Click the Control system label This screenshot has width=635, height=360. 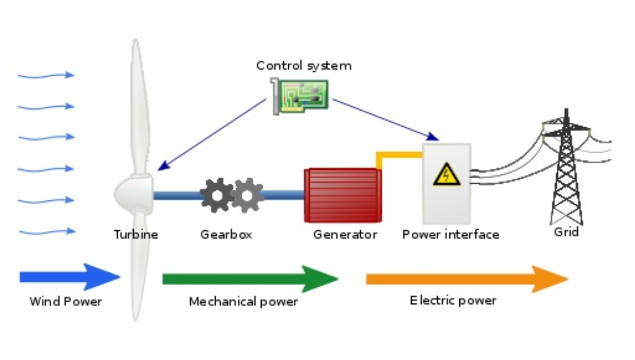point(304,66)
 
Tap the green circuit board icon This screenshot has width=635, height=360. point(299,96)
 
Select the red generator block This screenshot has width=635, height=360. point(342,195)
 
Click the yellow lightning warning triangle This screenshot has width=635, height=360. point(446,174)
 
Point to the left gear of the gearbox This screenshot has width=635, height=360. point(217,195)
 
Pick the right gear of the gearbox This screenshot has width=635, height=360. point(248,195)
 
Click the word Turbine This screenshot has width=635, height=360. point(136,234)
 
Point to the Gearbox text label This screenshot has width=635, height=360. point(226,234)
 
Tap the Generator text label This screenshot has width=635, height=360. point(345,234)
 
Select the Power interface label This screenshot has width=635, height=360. point(450,234)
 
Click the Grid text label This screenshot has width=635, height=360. point(566,232)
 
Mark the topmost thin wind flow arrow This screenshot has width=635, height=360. point(46,76)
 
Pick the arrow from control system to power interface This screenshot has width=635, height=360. point(385,119)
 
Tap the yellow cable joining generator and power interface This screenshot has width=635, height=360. point(398,155)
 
